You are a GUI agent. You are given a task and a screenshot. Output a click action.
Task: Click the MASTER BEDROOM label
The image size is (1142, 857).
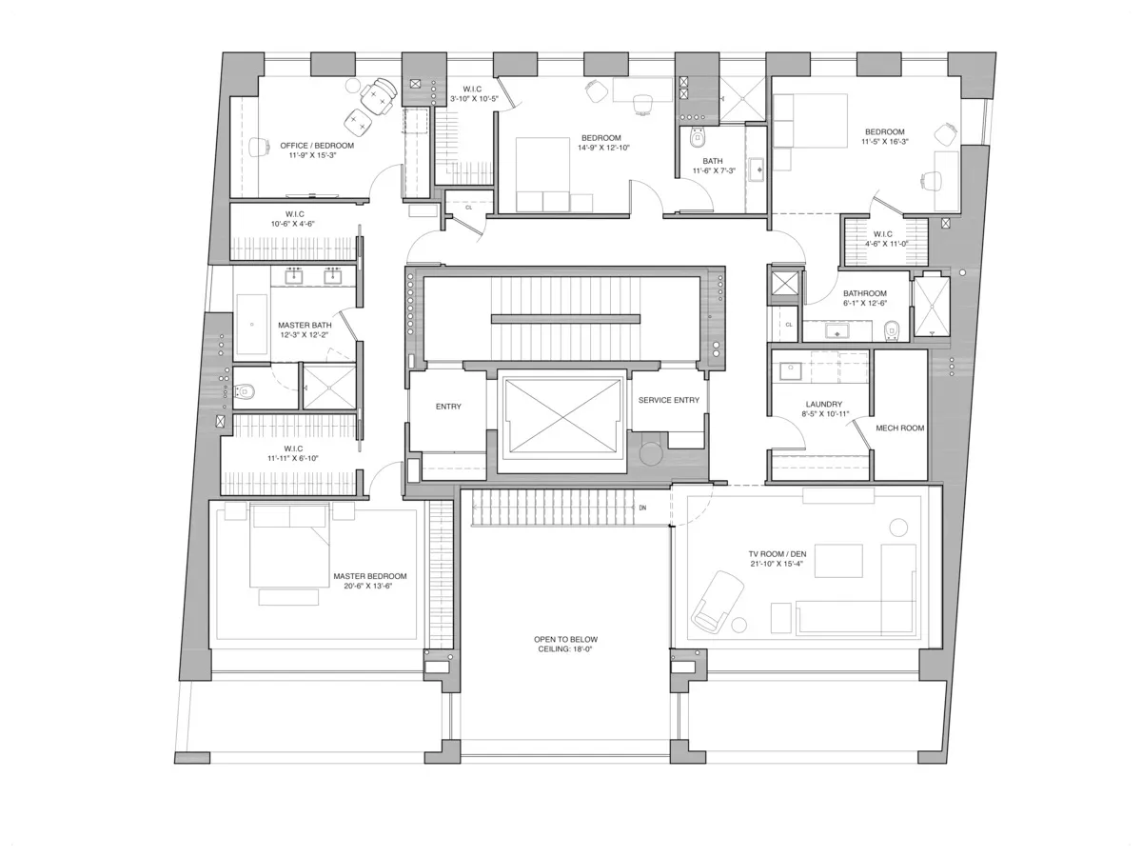coord(370,576)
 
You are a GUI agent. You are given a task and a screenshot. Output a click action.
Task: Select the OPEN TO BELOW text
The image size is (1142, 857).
coord(566,639)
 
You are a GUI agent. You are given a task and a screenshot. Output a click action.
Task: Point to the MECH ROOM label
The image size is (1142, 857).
coord(899,428)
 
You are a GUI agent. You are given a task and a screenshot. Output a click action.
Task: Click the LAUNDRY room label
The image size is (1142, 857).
coord(797,405)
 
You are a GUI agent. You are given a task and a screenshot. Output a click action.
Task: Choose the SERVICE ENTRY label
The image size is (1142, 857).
coord(669,400)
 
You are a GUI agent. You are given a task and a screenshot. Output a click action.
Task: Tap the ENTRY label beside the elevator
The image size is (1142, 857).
coord(448,407)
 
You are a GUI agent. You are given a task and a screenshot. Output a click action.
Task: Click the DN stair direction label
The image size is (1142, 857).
coord(643,508)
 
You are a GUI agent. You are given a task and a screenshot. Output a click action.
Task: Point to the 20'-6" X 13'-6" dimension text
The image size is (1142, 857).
coord(370,587)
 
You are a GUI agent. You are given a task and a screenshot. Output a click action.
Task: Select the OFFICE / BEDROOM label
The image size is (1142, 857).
coord(317,145)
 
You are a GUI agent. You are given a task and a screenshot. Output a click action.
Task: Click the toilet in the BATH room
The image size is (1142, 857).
coord(695,139)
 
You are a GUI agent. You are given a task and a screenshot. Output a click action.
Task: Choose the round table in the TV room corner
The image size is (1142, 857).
coord(898,527)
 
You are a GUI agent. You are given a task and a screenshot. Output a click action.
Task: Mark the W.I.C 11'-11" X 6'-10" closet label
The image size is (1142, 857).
coord(293,453)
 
